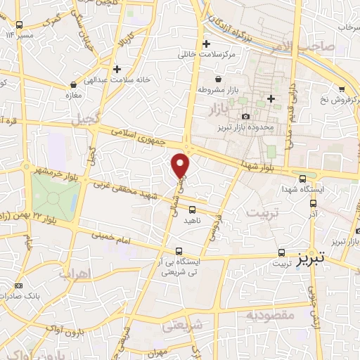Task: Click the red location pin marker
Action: point(181,164)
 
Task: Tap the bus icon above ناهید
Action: point(192,209)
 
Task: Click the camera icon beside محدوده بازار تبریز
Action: point(245,116)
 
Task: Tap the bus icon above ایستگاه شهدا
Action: point(302,179)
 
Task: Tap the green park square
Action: point(54,195)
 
